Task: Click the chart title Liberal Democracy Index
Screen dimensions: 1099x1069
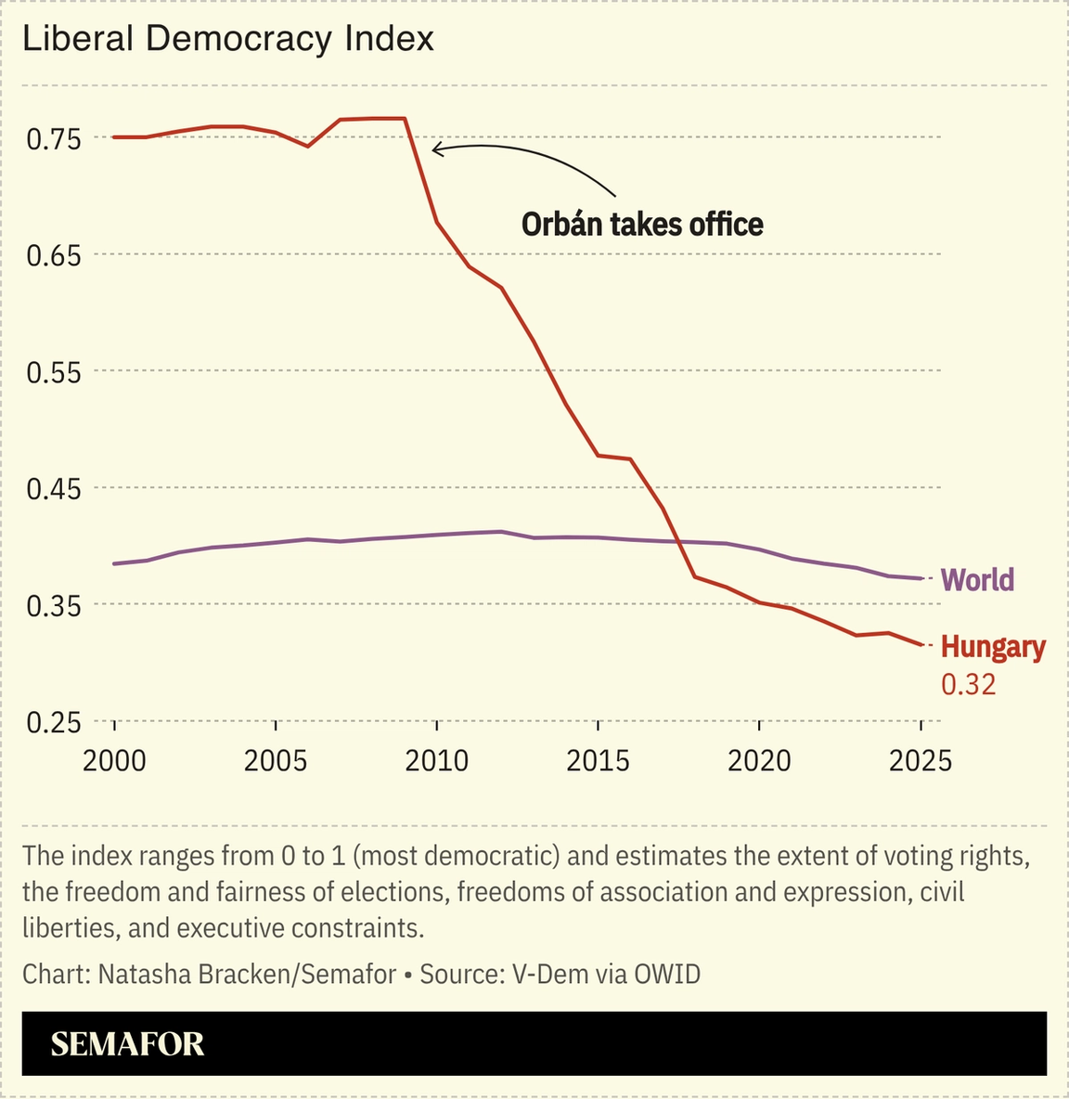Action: point(228,39)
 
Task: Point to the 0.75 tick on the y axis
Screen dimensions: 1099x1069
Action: point(54,139)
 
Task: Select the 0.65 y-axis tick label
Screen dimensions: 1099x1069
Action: point(54,255)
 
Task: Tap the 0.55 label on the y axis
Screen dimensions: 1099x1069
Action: point(54,372)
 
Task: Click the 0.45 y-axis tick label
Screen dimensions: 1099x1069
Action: point(54,488)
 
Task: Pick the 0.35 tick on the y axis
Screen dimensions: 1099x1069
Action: point(54,605)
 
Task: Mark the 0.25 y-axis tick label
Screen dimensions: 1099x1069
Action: point(54,722)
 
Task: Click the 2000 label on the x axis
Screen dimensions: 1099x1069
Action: point(114,761)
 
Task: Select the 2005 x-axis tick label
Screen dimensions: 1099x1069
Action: point(276,761)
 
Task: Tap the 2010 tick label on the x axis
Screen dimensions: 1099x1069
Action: point(437,761)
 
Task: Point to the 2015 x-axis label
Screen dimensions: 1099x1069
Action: point(599,761)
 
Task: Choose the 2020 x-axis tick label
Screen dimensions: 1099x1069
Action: point(759,761)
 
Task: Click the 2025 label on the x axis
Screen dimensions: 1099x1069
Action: point(921,761)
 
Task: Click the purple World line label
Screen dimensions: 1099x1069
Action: point(977,580)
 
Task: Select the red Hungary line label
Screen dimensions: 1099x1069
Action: point(993,647)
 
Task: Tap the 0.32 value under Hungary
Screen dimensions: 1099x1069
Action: point(968,685)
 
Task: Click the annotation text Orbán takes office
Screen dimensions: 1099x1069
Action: point(642,225)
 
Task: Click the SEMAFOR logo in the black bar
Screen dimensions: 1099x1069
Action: point(127,1044)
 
